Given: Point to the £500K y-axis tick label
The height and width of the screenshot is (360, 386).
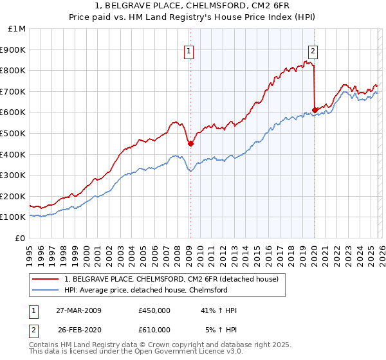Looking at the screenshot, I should click(14, 133).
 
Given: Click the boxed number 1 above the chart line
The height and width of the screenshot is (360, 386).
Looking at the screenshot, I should click(189, 53).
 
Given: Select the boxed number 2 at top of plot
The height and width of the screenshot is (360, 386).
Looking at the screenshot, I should click(313, 53).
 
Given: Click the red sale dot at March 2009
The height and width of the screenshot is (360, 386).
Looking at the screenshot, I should click(190, 144).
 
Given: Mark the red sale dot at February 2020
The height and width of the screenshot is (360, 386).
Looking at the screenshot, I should click(315, 110).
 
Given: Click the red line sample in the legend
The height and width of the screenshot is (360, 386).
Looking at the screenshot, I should click(46, 279).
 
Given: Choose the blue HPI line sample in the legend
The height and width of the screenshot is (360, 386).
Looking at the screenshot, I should click(46, 290).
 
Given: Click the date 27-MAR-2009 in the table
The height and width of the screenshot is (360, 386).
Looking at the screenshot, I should click(78, 310).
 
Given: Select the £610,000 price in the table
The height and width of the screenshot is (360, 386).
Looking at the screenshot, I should click(154, 330).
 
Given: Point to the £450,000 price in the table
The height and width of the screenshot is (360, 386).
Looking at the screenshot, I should click(154, 310).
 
